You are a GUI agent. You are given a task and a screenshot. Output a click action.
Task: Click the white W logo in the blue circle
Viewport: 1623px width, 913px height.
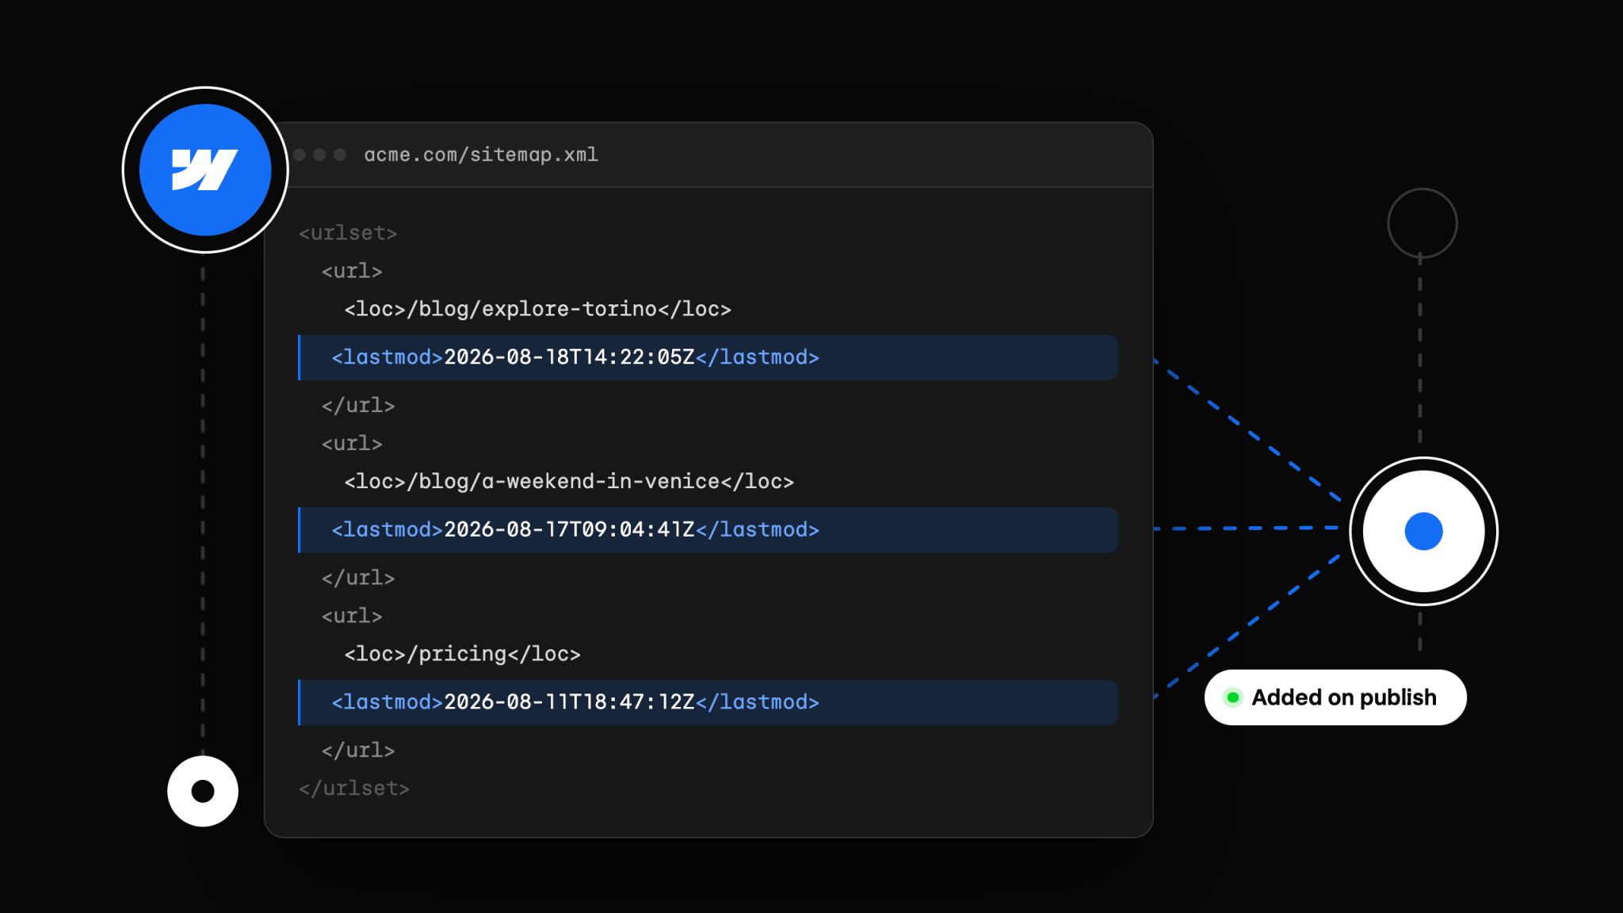coord(204,170)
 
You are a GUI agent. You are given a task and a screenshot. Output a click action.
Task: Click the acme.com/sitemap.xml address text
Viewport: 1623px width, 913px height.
coord(481,155)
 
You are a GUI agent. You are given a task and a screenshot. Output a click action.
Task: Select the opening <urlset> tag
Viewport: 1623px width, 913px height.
coord(348,233)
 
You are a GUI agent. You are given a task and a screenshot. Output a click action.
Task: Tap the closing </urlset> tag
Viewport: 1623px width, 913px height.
coord(354,789)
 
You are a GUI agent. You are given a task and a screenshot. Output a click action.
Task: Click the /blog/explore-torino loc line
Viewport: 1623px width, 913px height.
coord(538,309)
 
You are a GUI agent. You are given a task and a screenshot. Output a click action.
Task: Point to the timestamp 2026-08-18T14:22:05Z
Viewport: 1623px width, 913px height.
coord(569,357)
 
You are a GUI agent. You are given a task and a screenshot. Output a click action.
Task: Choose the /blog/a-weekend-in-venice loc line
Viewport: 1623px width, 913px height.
coord(569,482)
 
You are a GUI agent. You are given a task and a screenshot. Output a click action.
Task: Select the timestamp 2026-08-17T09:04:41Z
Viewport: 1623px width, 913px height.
coord(569,529)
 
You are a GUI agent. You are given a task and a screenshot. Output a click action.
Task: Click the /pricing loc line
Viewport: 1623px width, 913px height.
coord(463,655)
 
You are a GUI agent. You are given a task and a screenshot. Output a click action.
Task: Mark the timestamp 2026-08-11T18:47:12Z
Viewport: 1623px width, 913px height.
coord(569,702)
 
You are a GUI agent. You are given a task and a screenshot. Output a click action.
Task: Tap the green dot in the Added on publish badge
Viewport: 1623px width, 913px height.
coord(1233,697)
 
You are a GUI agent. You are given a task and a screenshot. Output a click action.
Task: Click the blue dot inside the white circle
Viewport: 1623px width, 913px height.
coord(1423,531)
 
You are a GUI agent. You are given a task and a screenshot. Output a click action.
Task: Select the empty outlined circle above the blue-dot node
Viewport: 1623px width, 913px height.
coord(1423,189)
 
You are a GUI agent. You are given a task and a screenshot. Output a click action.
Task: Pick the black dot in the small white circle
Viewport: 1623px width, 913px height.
coord(203,791)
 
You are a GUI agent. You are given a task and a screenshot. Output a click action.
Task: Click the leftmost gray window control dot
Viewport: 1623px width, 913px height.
coord(300,155)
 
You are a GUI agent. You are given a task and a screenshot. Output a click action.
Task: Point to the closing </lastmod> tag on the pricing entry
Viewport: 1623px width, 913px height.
coord(758,702)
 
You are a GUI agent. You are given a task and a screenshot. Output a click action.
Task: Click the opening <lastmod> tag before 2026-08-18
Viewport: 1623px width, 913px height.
coord(388,357)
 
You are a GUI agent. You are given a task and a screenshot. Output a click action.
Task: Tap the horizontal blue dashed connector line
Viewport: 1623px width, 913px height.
coord(1246,528)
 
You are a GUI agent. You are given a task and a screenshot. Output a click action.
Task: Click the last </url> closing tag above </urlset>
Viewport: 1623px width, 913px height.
coord(358,751)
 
